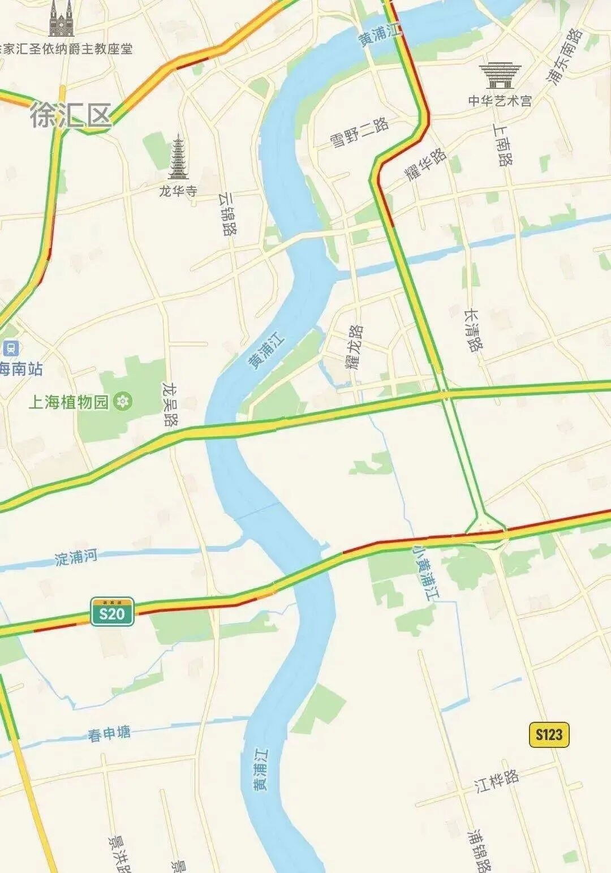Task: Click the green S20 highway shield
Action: click(x=112, y=612)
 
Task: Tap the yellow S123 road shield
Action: click(x=548, y=734)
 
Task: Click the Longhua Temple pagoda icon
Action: click(x=178, y=156)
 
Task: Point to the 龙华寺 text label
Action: click(x=178, y=191)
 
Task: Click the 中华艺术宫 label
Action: click(x=500, y=101)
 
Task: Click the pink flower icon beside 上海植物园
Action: click(x=121, y=402)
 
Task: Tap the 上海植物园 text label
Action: click(x=68, y=402)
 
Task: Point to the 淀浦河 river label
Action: click(x=76, y=557)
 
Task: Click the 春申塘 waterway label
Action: click(x=109, y=734)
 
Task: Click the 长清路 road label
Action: click(x=473, y=330)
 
